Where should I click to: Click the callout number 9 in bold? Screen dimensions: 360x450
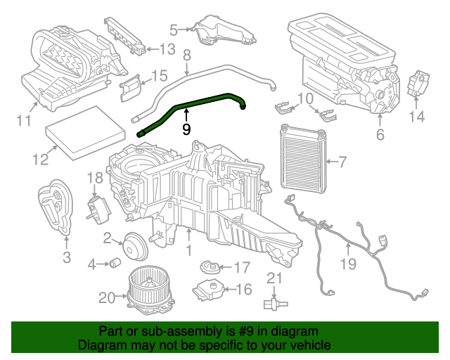(186, 129)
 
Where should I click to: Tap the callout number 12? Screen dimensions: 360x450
(39, 160)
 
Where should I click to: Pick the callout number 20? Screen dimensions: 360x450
(106, 298)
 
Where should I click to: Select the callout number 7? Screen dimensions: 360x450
(342, 163)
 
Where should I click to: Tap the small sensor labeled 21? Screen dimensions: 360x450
(274, 303)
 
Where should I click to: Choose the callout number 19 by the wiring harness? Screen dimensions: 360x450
(349, 264)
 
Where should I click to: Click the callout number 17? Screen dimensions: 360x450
(242, 267)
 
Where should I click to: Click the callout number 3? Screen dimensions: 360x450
(66, 257)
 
